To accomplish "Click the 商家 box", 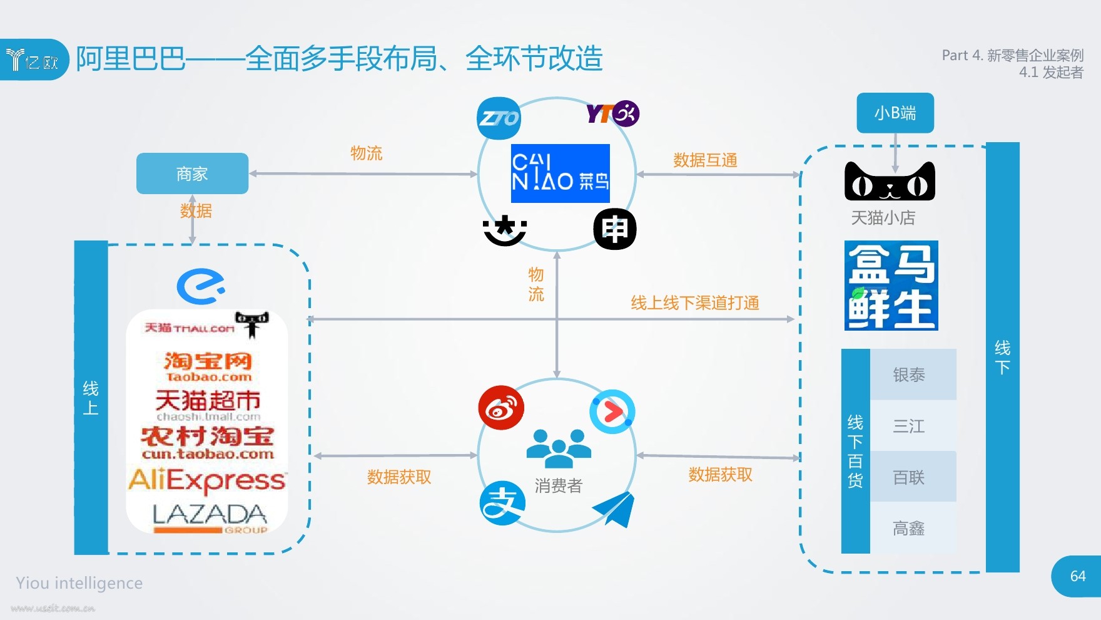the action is [x=192, y=173].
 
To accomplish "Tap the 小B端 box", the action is [x=895, y=113].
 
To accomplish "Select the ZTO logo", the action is [x=499, y=118].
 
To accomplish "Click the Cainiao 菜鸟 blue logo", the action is [x=561, y=173].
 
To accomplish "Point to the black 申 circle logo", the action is [x=615, y=229].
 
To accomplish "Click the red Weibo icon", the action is [x=501, y=408].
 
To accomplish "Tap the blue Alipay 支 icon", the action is [x=502, y=503].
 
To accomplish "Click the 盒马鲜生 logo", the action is [x=891, y=286].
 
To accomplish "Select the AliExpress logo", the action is [x=207, y=481].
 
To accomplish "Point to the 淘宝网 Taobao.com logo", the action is [x=208, y=366].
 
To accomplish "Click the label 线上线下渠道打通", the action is [x=695, y=303].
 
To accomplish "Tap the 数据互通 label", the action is [x=705, y=160].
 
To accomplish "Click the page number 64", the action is [x=1078, y=576].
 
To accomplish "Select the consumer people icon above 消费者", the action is [x=559, y=448].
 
